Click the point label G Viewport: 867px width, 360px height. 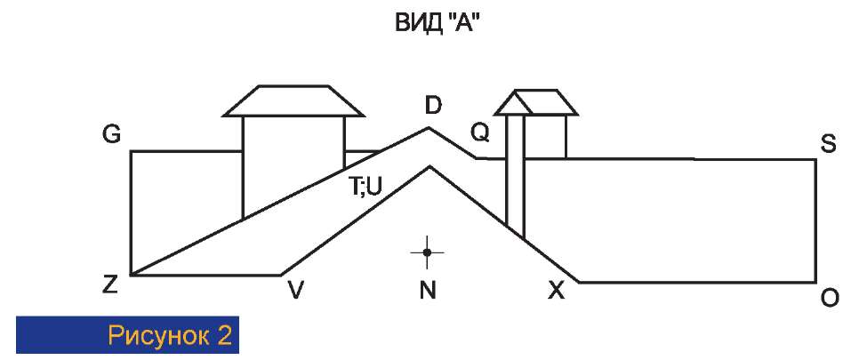pos(111,135)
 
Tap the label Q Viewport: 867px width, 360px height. pos(480,133)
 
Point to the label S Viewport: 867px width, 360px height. pos(828,144)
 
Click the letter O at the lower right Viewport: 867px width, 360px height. pos(829,299)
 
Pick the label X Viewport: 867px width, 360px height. pos(557,290)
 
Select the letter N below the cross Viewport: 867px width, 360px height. pos(428,290)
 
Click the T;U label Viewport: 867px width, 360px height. pos(365,187)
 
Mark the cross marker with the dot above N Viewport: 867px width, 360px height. pos(428,253)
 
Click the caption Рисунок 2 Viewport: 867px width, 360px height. pos(170,336)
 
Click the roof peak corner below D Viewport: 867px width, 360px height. pos(429,128)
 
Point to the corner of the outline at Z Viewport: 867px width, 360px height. pos(131,276)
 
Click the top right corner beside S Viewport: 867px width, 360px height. pos(815,159)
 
